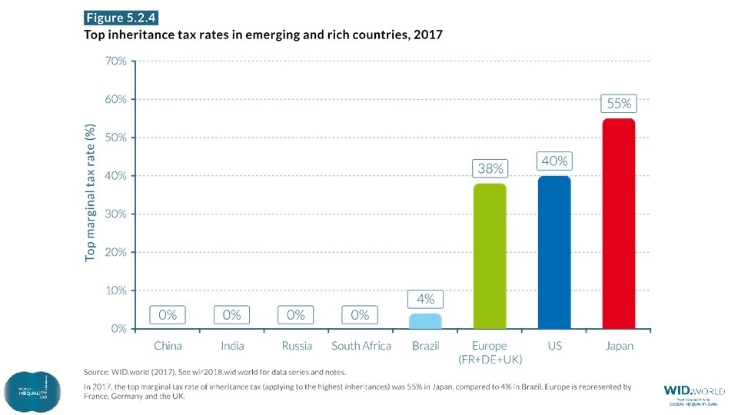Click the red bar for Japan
618,224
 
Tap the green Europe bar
490,256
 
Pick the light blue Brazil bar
425,320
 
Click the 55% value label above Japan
619,103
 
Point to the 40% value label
554,161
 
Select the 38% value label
490,168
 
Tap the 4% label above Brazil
425,299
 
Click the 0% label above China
168,314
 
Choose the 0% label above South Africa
361,314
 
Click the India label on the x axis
232,346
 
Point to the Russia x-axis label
297,346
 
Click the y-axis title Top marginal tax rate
90,192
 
